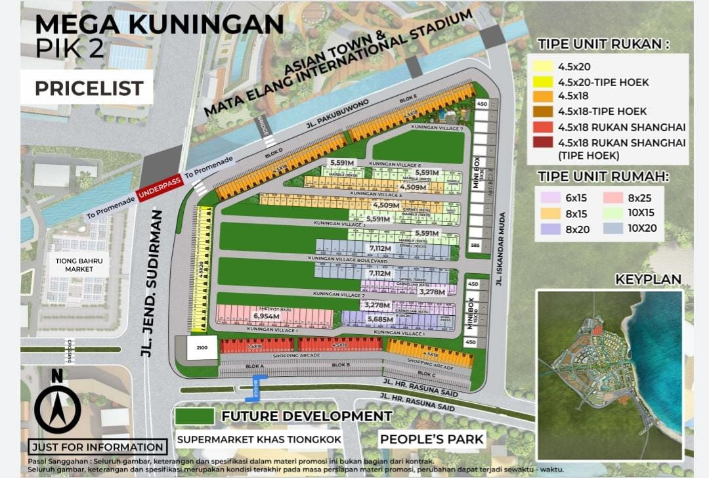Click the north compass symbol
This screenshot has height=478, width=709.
click(x=58, y=406)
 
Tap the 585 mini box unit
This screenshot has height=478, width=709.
click(x=474, y=246)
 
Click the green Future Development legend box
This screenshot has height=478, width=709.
click(x=194, y=416)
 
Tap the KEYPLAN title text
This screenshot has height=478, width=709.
click(x=648, y=280)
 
